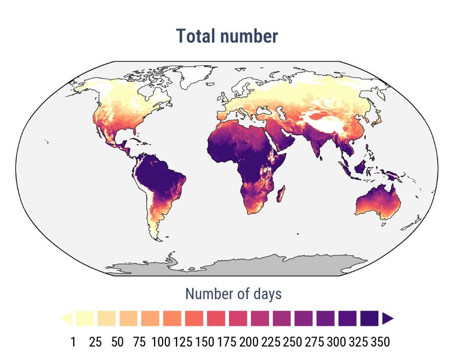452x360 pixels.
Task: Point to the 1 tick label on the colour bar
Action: click(73, 342)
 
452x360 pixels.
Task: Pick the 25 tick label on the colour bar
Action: click(95, 342)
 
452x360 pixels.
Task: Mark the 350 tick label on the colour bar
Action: click(380, 342)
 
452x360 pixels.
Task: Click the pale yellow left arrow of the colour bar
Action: click(66, 318)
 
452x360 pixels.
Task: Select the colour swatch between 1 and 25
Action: click(85, 318)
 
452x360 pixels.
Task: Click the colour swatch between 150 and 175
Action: click(216, 318)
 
